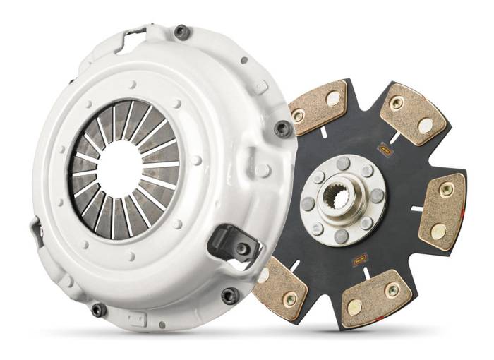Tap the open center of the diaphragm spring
point(119,169)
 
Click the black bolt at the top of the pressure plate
point(181,32)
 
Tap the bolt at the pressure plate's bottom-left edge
point(98,309)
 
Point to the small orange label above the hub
point(385,149)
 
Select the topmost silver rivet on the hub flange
point(344,163)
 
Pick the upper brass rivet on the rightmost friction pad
point(447,189)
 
